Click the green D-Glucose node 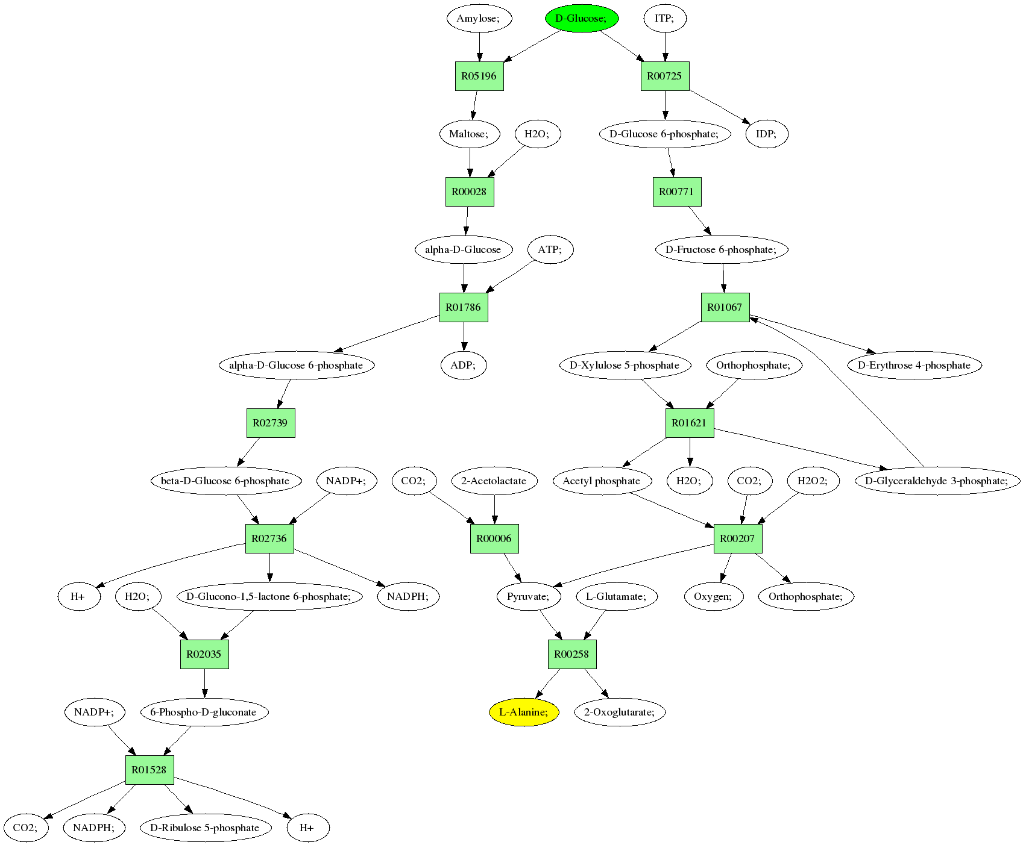click(x=582, y=18)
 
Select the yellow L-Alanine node click(x=524, y=712)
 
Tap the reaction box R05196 click(x=479, y=76)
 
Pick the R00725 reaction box click(x=664, y=76)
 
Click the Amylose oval click(x=479, y=18)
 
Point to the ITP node click(x=664, y=18)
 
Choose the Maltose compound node click(x=470, y=134)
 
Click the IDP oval click(x=767, y=134)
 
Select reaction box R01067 click(x=725, y=307)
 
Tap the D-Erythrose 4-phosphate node click(x=914, y=365)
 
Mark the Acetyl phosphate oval click(x=602, y=481)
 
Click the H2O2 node click(x=813, y=481)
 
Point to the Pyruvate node click(x=529, y=596)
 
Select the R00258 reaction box click(x=572, y=654)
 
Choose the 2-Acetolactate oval click(x=494, y=481)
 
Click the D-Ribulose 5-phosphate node click(x=205, y=828)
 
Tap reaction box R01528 click(x=150, y=770)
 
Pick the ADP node click(x=464, y=365)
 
